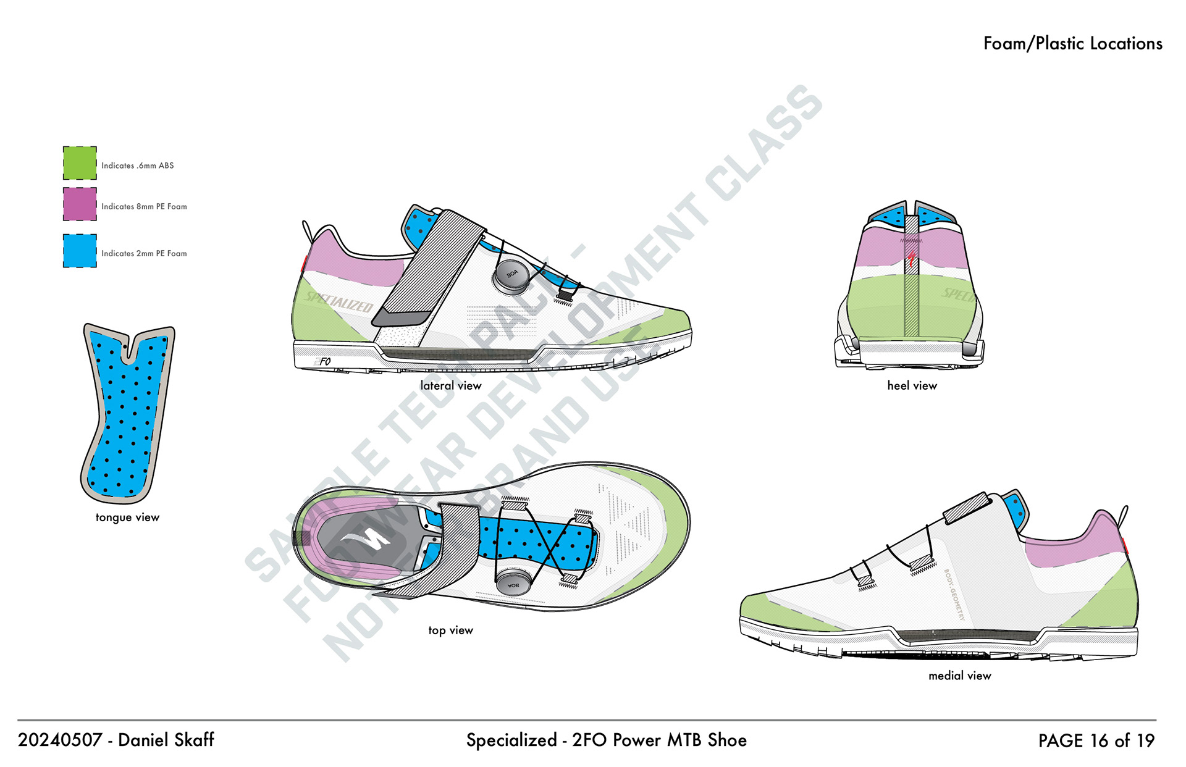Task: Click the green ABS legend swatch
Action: (80, 163)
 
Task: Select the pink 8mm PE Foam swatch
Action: (80, 204)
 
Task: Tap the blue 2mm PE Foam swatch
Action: (80, 251)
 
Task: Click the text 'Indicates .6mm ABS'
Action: (137, 166)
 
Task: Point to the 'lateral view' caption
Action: (450, 385)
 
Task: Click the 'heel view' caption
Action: (912, 385)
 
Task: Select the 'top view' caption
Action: (450, 630)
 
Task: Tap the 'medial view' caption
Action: (959, 676)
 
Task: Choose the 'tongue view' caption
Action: (127, 518)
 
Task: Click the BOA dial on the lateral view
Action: (511, 275)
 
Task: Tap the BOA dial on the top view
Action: (513, 583)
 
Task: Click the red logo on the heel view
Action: (911, 257)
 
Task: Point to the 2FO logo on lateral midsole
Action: (323, 361)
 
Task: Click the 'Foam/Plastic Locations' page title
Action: (1072, 43)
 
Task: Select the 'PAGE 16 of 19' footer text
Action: (1096, 740)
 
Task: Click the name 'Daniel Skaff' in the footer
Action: (166, 740)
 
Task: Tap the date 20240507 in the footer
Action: (59, 740)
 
